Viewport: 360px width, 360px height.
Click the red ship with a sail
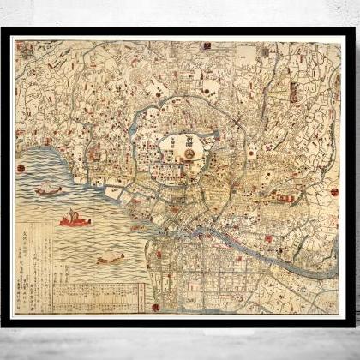[75, 220]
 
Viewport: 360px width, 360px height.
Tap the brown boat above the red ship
[50, 189]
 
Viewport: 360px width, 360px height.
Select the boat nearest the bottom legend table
[110, 258]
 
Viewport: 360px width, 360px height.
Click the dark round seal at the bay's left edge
[21, 168]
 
